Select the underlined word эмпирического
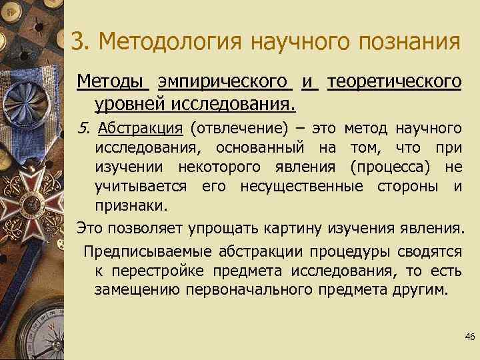[225, 82]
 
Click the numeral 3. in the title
[79, 41]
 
